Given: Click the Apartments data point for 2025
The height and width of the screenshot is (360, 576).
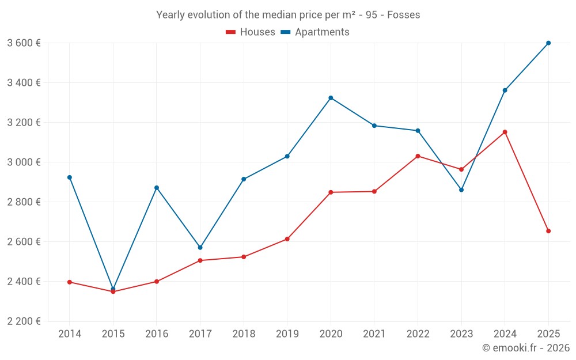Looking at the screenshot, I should [x=548, y=43].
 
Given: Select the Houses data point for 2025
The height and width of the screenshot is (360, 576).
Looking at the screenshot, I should [x=548, y=231].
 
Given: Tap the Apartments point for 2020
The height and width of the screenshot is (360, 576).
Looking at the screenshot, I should [x=331, y=98].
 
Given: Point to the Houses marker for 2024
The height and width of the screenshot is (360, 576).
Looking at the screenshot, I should [x=505, y=132].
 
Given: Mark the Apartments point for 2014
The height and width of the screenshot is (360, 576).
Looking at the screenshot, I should [x=70, y=177].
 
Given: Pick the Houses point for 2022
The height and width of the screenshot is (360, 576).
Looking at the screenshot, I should [x=418, y=156].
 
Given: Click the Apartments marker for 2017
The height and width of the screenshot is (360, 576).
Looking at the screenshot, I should [x=200, y=248].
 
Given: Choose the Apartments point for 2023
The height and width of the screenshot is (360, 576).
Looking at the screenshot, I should [x=461, y=190].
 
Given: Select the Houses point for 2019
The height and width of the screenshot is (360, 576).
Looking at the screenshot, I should [x=287, y=239].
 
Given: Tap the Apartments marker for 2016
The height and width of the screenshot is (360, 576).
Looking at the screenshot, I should [x=157, y=188].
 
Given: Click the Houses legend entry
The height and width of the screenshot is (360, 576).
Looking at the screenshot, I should [x=251, y=32].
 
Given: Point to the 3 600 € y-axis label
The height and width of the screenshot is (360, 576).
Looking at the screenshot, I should [x=24, y=43].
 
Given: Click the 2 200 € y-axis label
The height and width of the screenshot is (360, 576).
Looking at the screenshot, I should [x=24, y=321].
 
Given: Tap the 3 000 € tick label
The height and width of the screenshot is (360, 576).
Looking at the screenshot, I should [x=24, y=162].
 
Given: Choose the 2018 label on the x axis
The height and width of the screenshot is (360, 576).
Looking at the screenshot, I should [x=244, y=334].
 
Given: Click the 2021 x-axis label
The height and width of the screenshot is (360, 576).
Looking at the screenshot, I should [x=374, y=334].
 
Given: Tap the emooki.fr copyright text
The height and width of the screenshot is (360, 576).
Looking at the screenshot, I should [x=526, y=348].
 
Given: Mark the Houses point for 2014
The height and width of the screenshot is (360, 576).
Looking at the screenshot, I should [x=70, y=282].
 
